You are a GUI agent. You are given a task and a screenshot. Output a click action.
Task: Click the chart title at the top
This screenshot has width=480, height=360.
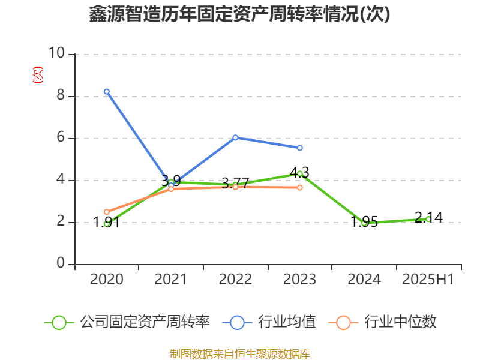pyautogui.click(x=239, y=14)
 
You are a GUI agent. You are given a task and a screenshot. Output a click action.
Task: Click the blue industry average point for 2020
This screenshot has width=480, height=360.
pyautogui.click(x=106, y=92)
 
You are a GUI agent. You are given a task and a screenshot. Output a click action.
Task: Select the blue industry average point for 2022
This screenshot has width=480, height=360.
pyautogui.click(x=235, y=137)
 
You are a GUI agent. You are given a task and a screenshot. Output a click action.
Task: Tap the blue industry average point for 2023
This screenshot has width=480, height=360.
pyautogui.click(x=299, y=148)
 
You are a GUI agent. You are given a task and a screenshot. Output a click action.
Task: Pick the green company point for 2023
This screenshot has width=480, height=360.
pyautogui.click(x=299, y=174)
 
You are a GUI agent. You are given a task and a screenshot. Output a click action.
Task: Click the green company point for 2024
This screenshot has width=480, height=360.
pyautogui.click(x=364, y=223)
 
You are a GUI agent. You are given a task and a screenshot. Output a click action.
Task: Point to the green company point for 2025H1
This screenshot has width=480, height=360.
pyautogui.click(x=428, y=219)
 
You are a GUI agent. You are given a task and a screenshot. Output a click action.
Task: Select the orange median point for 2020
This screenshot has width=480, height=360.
pyautogui.click(x=106, y=212)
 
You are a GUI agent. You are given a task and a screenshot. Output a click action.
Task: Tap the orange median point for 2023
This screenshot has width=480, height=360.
pyautogui.click(x=299, y=188)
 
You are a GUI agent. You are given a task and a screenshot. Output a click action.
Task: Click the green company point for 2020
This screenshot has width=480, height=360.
pyautogui.click(x=106, y=223)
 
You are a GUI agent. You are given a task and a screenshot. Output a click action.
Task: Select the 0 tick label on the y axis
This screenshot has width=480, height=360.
pyautogui.click(x=61, y=264)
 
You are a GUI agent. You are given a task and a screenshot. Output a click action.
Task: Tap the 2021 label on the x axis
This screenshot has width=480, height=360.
pyautogui.click(x=171, y=280)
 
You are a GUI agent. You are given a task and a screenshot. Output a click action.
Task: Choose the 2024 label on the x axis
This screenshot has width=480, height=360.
pyautogui.click(x=364, y=280)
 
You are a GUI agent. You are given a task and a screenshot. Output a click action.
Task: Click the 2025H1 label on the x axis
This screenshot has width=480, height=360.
pyautogui.click(x=428, y=280)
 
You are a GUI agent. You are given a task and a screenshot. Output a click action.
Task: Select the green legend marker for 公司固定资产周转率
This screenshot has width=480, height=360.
pyautogui.click(x=59, y=322)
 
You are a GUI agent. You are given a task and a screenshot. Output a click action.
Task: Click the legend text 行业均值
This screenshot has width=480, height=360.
pyautogui.click(x=287, y=322)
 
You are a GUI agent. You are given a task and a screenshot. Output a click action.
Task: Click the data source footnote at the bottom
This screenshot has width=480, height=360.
pyautogui.click(x=239, y=353)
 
